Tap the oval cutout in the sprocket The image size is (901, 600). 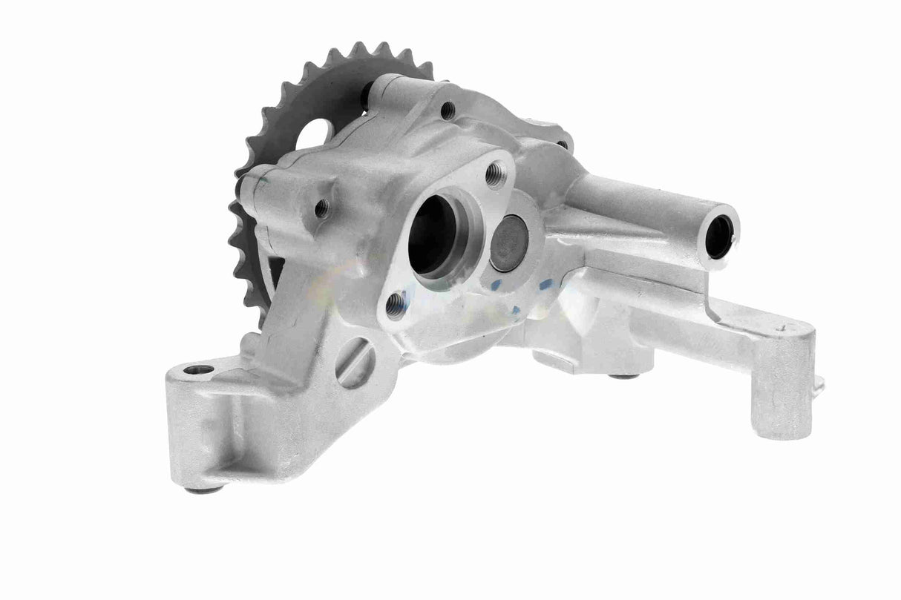tap(312, 135)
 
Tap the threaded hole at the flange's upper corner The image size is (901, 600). tap(495, 174)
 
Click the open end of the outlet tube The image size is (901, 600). tap(719, 236)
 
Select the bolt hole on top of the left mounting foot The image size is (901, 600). tap(198, 369)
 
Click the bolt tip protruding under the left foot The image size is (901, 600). tap(206, 489)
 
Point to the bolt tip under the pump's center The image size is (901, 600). tap(623, 376)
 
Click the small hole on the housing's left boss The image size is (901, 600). tap(322, 208)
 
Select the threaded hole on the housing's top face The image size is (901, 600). tap(448, 111)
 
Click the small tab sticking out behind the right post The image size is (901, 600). tap(819, 384)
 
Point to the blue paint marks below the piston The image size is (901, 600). tap(545, 286)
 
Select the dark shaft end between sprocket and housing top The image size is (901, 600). tap(366, 94)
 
